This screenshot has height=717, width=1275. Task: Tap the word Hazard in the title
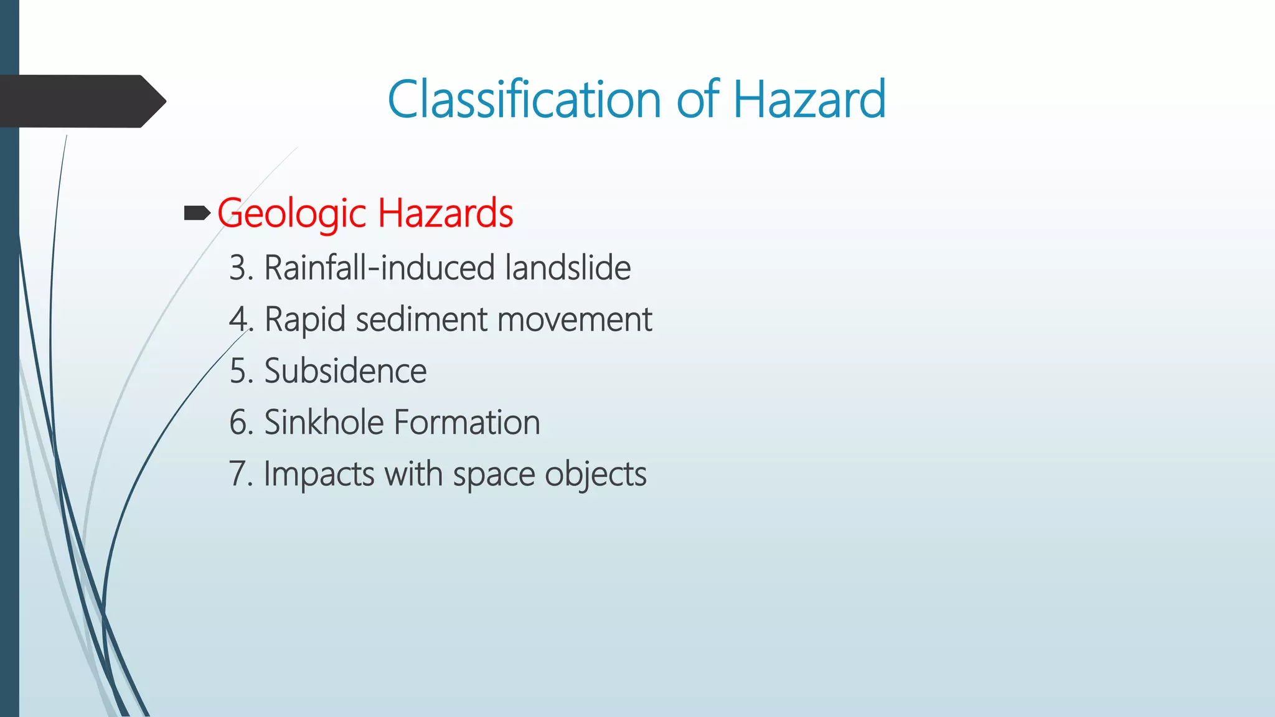[809, 100]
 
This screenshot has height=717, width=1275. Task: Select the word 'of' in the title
[698, 100]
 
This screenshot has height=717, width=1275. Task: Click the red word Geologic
[291, 213]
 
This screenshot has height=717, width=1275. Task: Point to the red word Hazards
[445, 213]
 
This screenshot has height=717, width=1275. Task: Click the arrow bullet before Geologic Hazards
[197, 214]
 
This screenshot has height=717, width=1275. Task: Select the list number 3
[239, 268]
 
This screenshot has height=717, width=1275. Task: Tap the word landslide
[568, 268]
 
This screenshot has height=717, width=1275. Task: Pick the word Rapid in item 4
[305, 320]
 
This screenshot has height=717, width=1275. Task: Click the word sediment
[421, 320]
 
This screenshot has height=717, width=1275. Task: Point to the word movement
[574, 320]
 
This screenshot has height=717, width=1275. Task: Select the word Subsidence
[346, 372]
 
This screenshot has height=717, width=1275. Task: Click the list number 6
[239, 423]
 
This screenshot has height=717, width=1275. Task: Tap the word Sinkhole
[324, 423]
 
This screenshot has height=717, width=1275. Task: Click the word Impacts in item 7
[319, 474]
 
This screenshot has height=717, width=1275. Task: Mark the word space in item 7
[494, 474]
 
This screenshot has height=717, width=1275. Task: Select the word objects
[596, 474]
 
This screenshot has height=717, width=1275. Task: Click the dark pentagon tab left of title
[81, 101]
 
